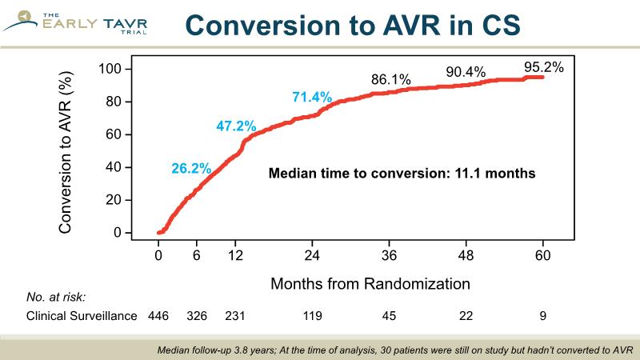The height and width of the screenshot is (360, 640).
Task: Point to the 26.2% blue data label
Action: pos(190,168)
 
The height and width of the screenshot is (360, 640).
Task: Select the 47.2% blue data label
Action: pos(236,126)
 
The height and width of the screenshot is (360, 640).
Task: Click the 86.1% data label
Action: pos(390,80)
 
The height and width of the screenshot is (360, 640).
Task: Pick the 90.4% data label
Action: pos(466,72)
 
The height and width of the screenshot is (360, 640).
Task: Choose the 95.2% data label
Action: pos(544,67)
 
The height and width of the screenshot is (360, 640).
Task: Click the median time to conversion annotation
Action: pos(401,171)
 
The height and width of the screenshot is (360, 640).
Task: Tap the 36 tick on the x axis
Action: pos(390,256)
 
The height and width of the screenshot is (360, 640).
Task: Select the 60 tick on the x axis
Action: pos(544,256)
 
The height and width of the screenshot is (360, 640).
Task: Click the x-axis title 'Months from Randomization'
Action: pos(369,284)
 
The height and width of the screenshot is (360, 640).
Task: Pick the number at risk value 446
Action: pos(159,316)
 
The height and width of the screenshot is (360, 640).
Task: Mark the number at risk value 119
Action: pos(312,316)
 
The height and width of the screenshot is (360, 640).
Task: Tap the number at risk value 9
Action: pos(544,316)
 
